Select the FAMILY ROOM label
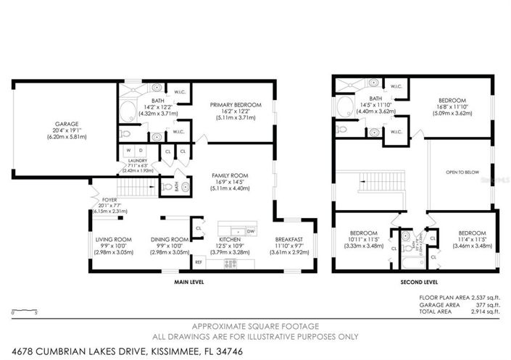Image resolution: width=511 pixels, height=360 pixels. point(229,175)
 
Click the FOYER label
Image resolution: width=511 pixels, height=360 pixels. point(109,199)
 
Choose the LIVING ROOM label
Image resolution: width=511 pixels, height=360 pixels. point(113,239)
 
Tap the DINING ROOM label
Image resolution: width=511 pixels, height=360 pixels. point(170,239)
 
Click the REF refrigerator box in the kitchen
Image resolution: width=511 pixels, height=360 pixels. point(199,261)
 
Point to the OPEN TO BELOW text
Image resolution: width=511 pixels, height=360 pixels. point(461,172)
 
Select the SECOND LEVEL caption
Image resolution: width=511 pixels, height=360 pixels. point(415,282)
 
